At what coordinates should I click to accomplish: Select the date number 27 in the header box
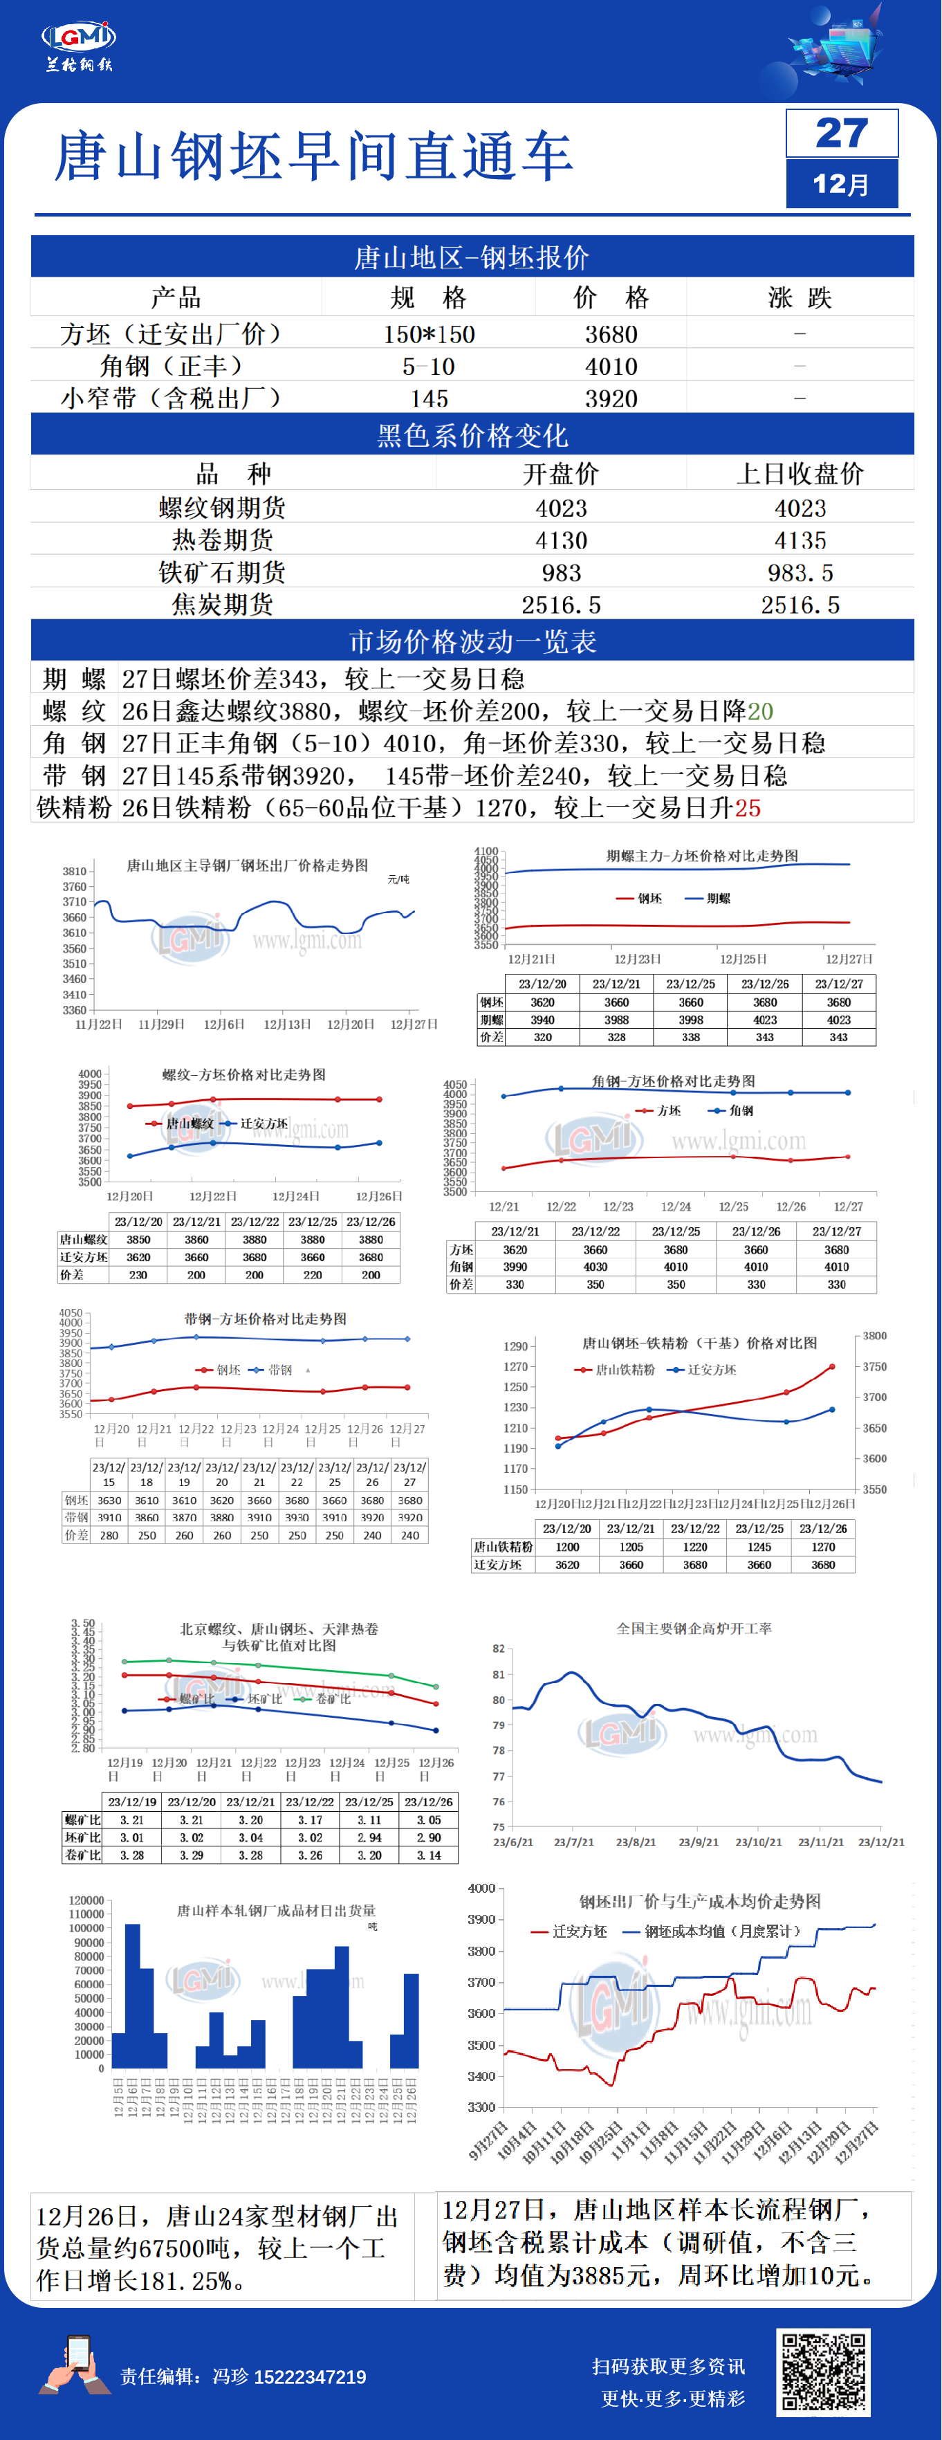click(x=841, y=133)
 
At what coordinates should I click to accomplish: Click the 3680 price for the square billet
click(x=611, y=334)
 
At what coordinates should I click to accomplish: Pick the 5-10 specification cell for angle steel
click(x=428, y=367)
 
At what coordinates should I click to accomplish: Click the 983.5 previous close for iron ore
click(x=800, y=573)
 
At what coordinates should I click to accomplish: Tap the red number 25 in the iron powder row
click(x=748, y=808)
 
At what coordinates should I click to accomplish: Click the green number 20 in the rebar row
click(x=760, y=711)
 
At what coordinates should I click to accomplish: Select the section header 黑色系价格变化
click(x=472, y=436)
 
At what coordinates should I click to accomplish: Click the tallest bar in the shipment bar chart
click(x=133, y=1994)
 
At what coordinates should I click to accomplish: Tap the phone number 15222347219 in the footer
click(x=310, y=2376)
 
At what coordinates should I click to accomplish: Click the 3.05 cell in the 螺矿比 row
click(x=428, y=1819)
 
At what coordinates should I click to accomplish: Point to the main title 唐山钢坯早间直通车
click(x=313, y=156)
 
